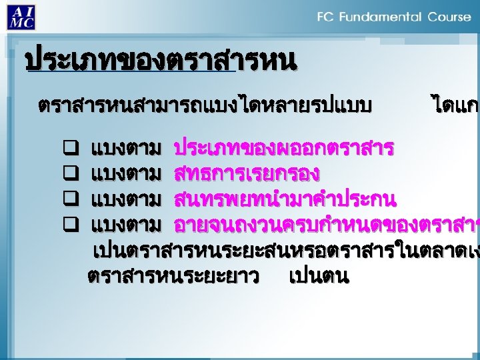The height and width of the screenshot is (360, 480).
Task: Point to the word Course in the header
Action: [449, 17]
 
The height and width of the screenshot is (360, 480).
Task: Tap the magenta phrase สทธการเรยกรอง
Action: [247, 173]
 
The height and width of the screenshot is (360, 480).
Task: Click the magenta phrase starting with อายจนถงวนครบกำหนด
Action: [326, 225]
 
